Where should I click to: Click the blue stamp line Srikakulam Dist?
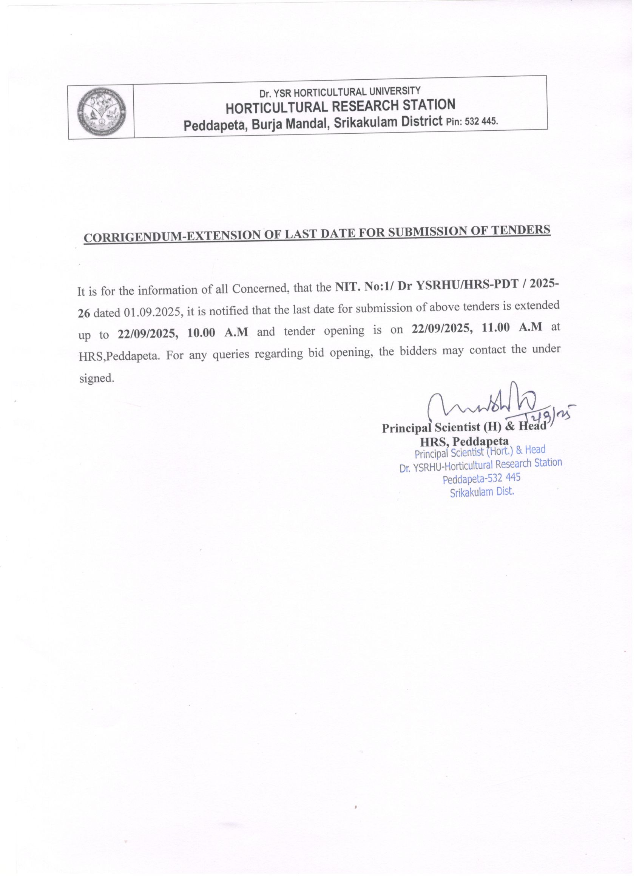click(481, 492)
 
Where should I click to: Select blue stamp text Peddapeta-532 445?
click(481, 478)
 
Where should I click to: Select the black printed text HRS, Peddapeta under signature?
click(464, 441)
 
